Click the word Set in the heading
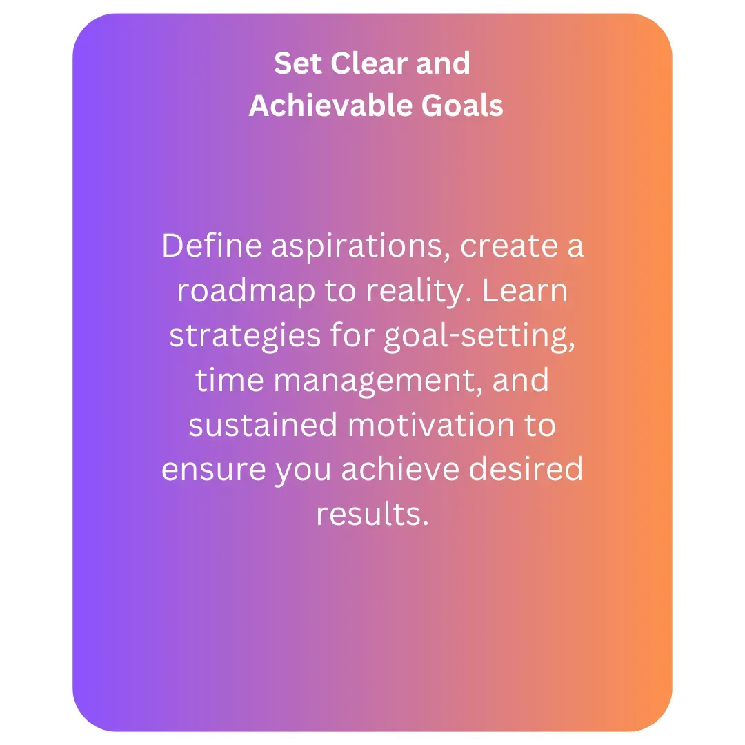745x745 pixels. (298, 63)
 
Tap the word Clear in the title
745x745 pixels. (368, 63)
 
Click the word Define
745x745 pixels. (212, 246)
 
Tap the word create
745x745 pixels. (509, 246)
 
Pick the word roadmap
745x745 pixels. (246, 292)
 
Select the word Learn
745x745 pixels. (525, 290)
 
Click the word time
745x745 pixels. (230, 379)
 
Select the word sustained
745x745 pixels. (264, 424)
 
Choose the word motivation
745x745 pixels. (431, 424)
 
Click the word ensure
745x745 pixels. (213, 470)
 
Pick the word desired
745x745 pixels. (526, 469)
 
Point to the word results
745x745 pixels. (372, 514)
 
